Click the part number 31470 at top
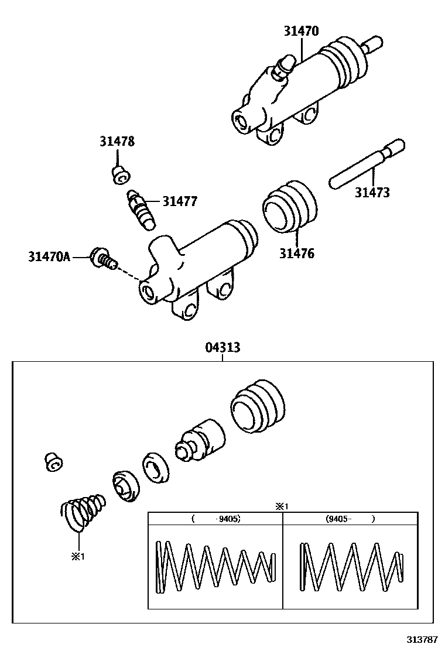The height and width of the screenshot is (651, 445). pos(302,31)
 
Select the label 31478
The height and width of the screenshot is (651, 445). pos(117,142)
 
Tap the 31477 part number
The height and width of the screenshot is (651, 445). pos(180,201)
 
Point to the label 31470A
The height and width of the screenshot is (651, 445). pos(49,256)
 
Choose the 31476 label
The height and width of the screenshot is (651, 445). pos(297,253)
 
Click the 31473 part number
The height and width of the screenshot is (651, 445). pos(372,193)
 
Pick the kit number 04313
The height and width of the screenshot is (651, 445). pos(223,348)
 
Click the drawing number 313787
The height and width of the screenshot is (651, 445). pos(422,639)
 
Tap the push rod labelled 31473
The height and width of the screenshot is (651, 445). pos(367,163)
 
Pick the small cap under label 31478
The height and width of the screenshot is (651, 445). pos(121,175)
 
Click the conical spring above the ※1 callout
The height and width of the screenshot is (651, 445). pos(82,512)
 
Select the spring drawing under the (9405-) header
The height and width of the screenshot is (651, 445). pos(351,566)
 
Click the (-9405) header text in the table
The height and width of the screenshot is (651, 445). pos(216,519)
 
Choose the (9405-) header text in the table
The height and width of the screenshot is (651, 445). pos(350,519)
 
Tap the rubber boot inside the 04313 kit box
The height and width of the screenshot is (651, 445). pos(258,407)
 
